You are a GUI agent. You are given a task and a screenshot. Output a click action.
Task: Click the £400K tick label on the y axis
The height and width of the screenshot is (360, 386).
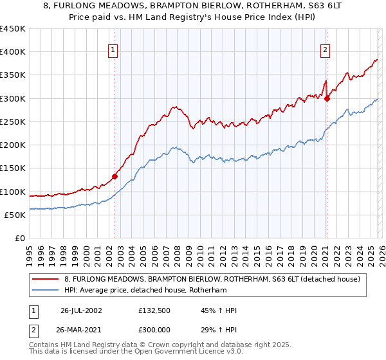(13, 52)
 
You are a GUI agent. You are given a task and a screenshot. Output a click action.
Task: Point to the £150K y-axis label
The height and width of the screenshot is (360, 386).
(13, 168)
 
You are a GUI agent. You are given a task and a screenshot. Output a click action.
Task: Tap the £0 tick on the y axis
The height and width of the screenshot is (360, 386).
(21, 239)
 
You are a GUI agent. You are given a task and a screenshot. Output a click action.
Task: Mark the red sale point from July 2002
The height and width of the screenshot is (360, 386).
(115, 176)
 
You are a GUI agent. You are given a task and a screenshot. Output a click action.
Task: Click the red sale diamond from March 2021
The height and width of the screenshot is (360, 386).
(327, 98)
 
